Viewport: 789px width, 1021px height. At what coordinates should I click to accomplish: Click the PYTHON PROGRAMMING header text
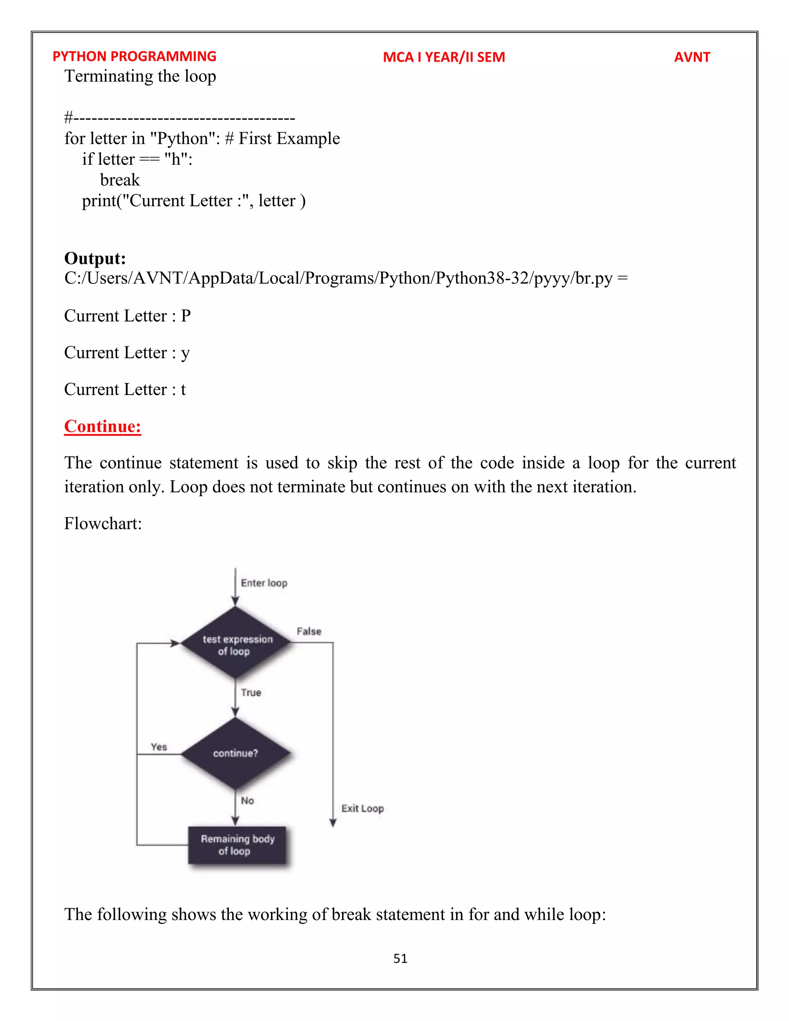point(134,57)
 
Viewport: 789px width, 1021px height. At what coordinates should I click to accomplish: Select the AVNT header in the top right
point(692,57)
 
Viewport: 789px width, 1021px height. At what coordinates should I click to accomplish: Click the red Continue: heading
point(102,427)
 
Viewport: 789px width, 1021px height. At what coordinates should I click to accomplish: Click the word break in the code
point(120,180)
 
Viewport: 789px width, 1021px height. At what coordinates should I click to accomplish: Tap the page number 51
point(400,958)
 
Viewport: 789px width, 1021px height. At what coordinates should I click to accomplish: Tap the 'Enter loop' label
point(264,583)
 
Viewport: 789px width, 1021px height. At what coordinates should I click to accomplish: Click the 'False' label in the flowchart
point(309,631)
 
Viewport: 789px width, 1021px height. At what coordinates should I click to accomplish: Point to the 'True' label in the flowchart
point(251,692)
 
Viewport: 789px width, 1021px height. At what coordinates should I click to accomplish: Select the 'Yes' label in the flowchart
point(159,747)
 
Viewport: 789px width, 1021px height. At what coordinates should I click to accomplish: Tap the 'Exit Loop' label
point(362,808)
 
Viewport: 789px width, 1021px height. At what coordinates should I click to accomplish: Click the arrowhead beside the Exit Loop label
point(333,823)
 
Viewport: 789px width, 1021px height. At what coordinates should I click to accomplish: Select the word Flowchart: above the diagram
point(103,524)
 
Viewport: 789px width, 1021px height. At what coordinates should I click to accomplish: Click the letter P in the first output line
point(186,316)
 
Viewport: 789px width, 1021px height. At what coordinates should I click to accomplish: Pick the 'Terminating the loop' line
point(140,76)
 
